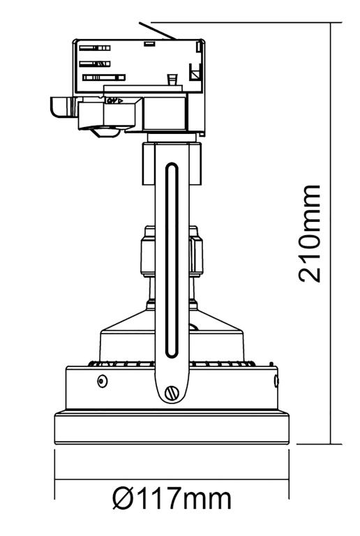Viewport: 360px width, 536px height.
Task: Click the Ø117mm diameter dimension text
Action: (x=172, y=500)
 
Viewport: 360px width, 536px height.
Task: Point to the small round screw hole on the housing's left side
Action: (x=103, y=381)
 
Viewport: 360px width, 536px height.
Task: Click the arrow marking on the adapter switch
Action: (x=112, y=100)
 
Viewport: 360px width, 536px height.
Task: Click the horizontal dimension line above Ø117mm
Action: (x=172, y=480)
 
